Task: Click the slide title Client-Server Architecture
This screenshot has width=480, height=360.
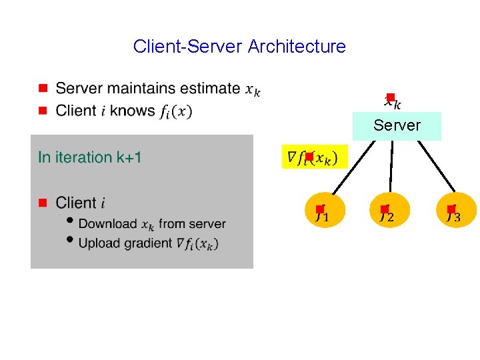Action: (x=239, y=47)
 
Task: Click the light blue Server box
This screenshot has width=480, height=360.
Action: (x=397, y=126)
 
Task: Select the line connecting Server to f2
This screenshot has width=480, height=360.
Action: (x=391, y=167)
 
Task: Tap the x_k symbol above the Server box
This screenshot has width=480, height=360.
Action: (x=393, y=101)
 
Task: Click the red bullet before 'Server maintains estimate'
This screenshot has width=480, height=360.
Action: (x=42, y=88)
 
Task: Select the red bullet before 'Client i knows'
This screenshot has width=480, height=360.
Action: (x=42, y=110)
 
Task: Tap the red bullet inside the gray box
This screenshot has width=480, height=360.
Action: (x=42, y=202)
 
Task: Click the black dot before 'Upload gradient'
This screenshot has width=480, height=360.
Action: (x=70, y=241)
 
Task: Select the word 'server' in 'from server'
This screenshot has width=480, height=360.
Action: (x=208, y=224)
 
